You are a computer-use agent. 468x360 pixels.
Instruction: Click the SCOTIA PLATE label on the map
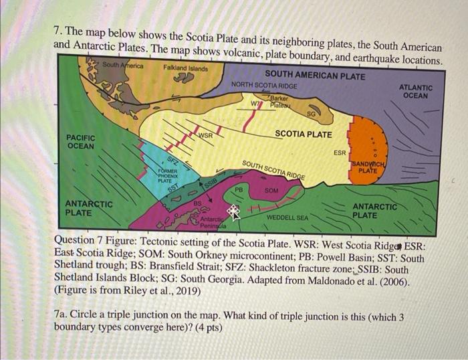[x=303, y=134]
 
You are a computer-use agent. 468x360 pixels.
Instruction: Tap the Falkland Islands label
[x=185, y=68]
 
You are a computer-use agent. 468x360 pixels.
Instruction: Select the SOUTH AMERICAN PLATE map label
[x=315, y=76]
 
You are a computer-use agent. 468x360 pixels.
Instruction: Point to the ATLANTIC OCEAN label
[x=415, y=92]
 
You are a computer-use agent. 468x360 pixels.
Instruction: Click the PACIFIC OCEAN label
[x=81, y=141]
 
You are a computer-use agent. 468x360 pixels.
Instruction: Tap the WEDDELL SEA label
[x=287, y=217]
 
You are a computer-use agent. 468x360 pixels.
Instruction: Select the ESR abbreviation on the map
[x=340, y=153]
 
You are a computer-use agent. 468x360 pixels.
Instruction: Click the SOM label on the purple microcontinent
[x=271, y=191]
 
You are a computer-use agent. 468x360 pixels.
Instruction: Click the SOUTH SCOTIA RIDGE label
[x=273, y=170]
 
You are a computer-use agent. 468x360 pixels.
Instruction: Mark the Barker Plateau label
[x=278, y=101]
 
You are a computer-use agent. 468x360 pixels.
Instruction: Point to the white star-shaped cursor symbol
[x=233, y=211]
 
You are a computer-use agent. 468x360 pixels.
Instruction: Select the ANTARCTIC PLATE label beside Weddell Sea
[x=374, y=211]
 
